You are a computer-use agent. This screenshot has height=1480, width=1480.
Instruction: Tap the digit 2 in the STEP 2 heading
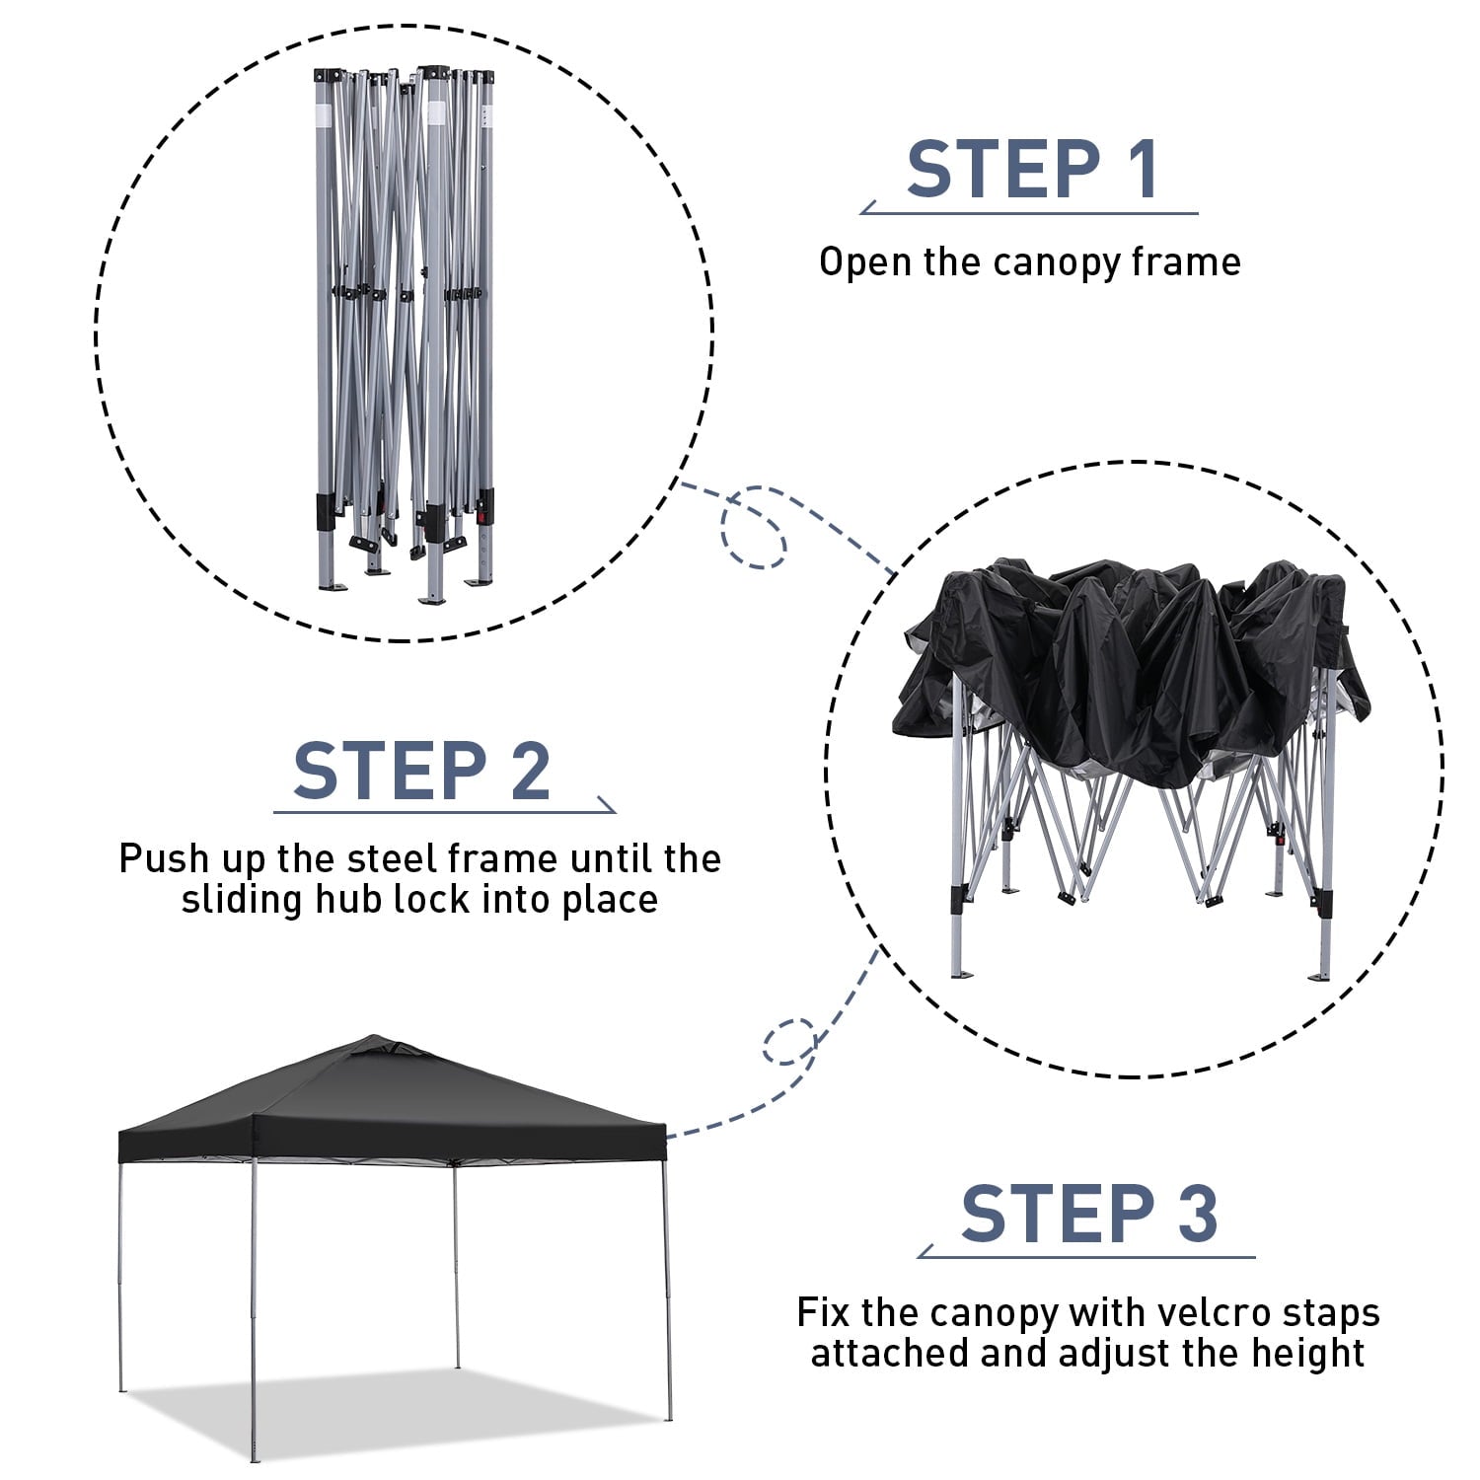pyautogui.click(x=531, y=771)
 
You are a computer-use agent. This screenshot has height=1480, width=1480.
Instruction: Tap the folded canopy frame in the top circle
pyautogui.click(x=404, y=335)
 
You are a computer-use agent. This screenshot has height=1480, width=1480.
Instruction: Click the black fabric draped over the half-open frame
pyautogui.click(x=1130, y=671)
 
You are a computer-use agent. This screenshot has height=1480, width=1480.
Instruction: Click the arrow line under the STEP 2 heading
pyautogui.click(x=445, y=812)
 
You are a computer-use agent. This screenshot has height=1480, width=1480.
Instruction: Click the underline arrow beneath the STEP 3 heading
pyautogui.click(x=1086, y=1256)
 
